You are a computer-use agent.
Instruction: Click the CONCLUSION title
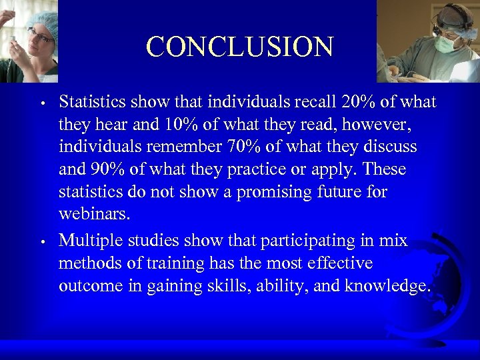click(240, 47)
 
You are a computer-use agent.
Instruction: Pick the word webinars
click(95, 215)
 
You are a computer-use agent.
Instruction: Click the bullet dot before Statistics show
click(41, 104)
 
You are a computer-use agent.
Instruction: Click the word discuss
click(397, 147)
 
